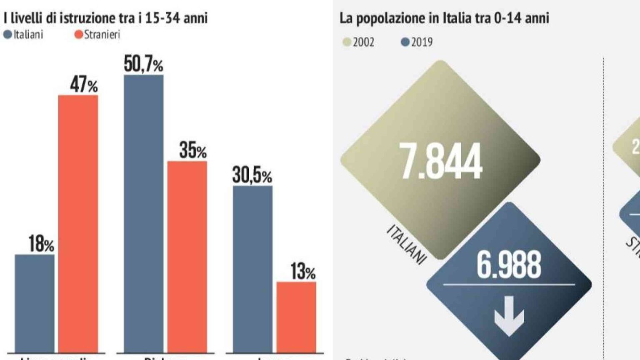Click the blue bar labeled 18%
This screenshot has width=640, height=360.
(35, 303)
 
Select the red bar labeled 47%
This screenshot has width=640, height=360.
(78, 224)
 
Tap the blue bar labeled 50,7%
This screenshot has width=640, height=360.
(144, 213)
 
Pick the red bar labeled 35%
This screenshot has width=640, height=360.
(187, 257)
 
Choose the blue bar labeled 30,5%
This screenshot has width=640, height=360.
(252, 269)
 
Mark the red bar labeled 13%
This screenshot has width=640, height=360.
(296, 317)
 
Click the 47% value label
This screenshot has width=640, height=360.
(84, 85)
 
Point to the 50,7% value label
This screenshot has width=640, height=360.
(143, 65)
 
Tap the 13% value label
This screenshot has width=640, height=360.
(302, 272)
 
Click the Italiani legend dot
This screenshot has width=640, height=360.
(7, 35)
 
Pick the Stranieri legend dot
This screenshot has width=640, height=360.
(78, 35)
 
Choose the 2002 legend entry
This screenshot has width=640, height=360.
(358, 42)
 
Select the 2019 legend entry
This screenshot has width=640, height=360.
(417, 42)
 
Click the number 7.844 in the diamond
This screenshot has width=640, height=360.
(440, 161)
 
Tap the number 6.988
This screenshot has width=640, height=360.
(509, 265)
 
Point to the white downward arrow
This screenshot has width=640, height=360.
(509, 315)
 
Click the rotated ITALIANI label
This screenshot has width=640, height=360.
(407, 244)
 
